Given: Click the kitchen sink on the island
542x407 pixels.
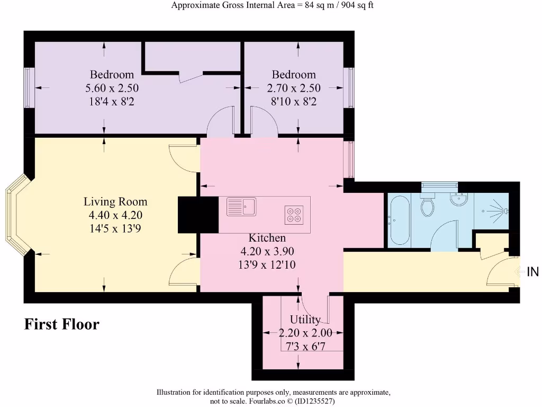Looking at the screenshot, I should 241,206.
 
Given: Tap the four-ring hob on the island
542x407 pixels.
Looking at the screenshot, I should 293,213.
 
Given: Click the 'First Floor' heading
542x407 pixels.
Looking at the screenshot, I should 61,324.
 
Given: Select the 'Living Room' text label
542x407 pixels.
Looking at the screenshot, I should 115,202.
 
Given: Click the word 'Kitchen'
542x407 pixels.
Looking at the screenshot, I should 267,238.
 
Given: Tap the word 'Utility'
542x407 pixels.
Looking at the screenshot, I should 305,320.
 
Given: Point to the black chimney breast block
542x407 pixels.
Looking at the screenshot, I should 198,214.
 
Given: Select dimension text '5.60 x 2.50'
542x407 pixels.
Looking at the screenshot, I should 112,88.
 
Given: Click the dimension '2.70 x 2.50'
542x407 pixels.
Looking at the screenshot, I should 294,88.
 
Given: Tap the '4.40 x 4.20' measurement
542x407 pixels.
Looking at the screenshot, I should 115,215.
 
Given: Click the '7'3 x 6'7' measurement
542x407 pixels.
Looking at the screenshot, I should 305,346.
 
